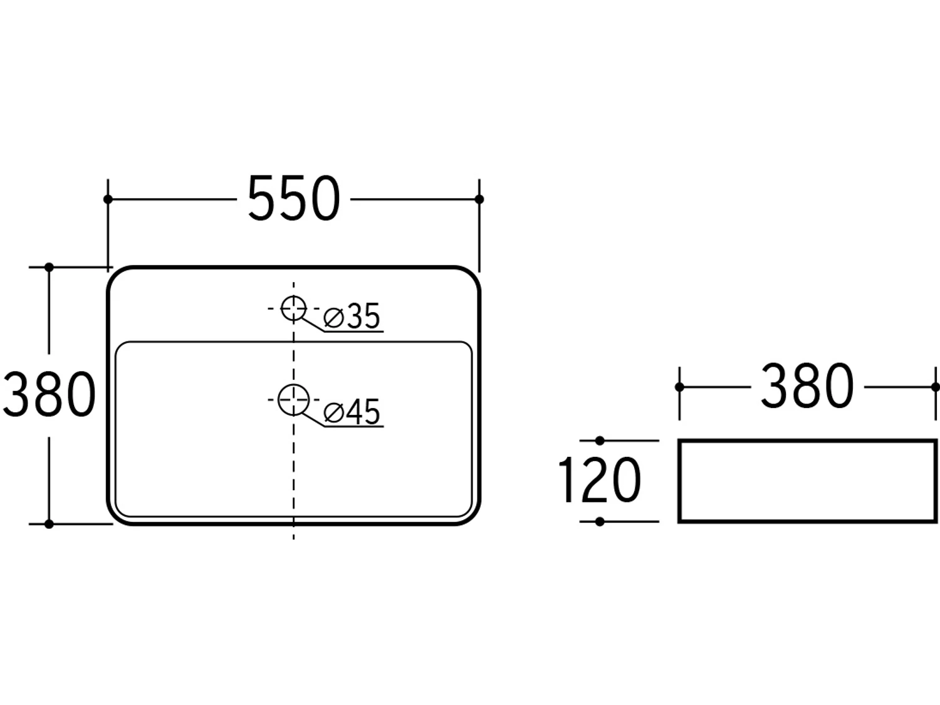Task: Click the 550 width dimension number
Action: tap(294, 199)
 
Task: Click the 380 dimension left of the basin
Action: tap(49, 394)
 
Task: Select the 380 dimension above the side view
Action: tap(807, 386)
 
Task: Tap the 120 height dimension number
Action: tap(600, 480)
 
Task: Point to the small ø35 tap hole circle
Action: tap(294, 296)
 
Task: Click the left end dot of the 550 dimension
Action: tap(108, 199)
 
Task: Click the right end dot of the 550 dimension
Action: tap(479, 199)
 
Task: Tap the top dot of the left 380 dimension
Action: tap(49, 267)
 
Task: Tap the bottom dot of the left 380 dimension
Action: tap(49, 524)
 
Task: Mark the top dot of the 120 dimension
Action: tap(600, 441)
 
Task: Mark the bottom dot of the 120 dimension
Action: tap(600, 521)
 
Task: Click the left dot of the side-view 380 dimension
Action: tap(679, 387)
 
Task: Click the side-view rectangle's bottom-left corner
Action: tap(679, 521)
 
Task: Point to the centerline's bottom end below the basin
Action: tap(293, 540)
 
